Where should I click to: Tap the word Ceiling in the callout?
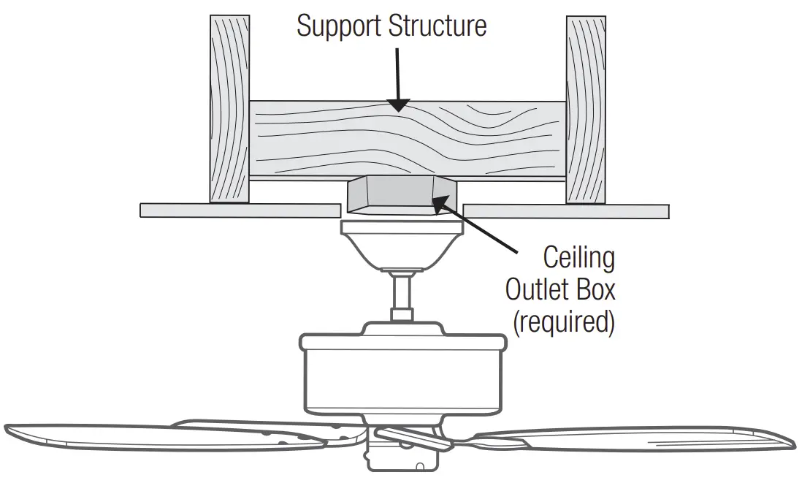(x=579, y=258)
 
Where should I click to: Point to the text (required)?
(x=562, y=322)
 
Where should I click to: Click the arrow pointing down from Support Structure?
(x=397, y=80)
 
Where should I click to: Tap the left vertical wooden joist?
(x=229, y=110)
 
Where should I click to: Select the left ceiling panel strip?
(x=241, y=210)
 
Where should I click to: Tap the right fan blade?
(x=643, y=440)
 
